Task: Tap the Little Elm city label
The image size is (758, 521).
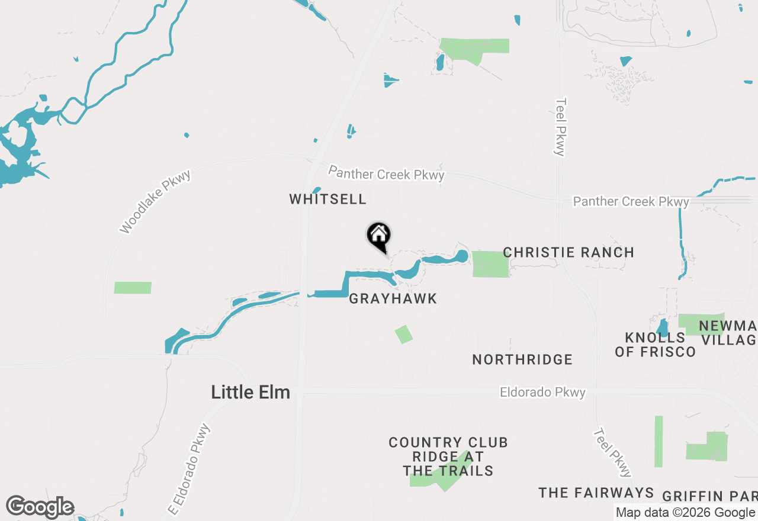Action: [x=250, y=392]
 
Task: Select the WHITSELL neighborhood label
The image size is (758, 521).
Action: [x=328, y=199]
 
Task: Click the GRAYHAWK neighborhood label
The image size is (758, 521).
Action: [x=393, y=299]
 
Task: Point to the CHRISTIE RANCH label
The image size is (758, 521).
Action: [x=568, y=252]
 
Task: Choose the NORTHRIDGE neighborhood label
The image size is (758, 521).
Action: [x=522, y=359]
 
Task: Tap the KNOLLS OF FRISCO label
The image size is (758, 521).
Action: [x=655, y=345]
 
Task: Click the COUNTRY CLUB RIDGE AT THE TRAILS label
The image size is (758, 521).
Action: [x=448, y=456]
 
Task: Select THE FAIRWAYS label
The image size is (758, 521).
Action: [x=596, y=493]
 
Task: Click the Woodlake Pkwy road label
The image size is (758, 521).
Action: [x=155, y=202]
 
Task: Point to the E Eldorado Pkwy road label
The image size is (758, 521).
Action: [x=189, y=469]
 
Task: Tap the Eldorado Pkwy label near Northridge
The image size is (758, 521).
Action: [x=542, y=393]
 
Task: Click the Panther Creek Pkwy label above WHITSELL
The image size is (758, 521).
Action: [x=386, y=173]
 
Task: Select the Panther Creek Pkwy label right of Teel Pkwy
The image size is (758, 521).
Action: [x=631, y=202]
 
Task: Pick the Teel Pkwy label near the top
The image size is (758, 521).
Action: [x=560, y=127]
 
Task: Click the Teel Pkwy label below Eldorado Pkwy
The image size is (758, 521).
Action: [x=613, y=453]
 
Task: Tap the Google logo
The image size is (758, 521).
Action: [x=40, y=507]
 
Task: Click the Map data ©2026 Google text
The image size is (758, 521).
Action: [x=685, y=513]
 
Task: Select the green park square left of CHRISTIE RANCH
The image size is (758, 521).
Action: [x=491, y=264]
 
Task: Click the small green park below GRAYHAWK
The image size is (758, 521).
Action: [x=404, y=334]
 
